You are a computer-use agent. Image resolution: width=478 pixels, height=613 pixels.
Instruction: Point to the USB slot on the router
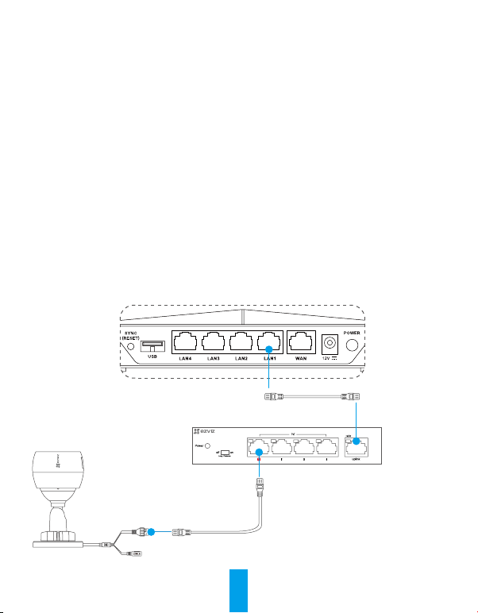(154, 345)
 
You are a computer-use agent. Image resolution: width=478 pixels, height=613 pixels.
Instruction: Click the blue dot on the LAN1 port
(270, 349)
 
